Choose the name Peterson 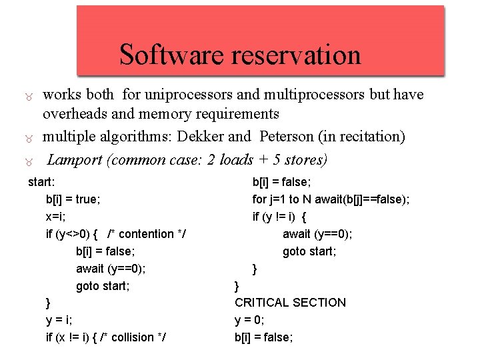(x=288, y=137)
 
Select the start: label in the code (x=41, y=181)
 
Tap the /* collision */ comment (x=131, y=337)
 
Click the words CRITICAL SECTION (x=290, y=303)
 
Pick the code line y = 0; (x=249, y=320)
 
